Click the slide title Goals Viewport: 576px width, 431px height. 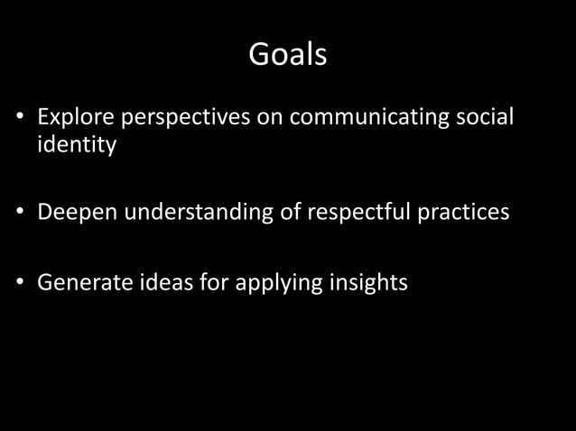click(287, 56)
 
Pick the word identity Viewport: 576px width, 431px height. click(77, 144)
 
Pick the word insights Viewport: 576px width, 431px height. click(372, 284)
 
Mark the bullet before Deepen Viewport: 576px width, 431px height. click(17, 215)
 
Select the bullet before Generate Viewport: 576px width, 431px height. click(17, 284)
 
